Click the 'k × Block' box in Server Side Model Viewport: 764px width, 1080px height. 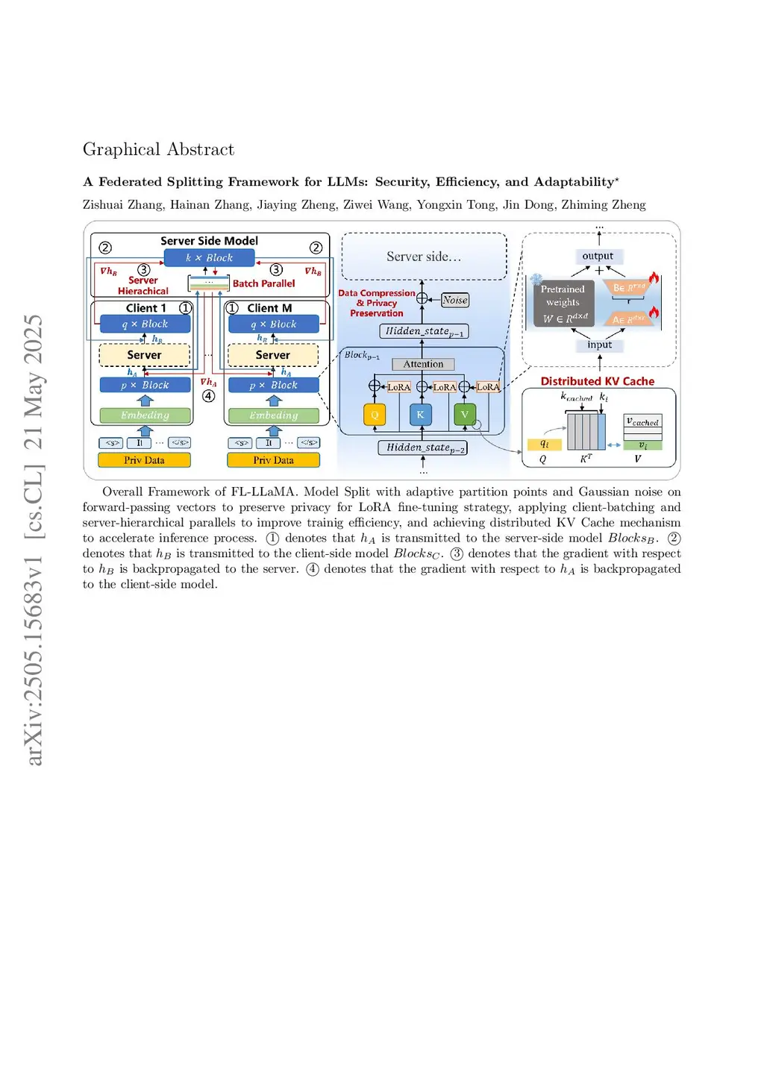point(209,258)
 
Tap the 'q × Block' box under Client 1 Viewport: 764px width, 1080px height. point(145,324)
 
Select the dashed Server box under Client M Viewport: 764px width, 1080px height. point(273,355)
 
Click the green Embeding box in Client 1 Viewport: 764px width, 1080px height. point(145,415)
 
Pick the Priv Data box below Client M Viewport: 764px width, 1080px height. point(273,460)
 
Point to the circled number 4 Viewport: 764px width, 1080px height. point(209,396)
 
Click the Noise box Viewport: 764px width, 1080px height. point(454,300)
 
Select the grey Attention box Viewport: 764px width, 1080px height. point(423,364)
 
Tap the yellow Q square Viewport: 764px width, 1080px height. point(375,415)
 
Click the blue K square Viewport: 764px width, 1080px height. point(420,415)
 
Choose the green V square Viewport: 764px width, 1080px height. point(464,414)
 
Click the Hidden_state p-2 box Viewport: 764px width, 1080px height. point(423,448)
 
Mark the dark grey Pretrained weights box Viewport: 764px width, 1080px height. point(563,304)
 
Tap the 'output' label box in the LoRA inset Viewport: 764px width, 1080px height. point(598,256)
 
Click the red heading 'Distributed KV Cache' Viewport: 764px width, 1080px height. point(597,381)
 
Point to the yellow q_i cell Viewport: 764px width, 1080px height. point(544,444)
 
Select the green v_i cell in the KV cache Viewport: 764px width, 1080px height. point(642,445)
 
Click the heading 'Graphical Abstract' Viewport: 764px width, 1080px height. point(158,149)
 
